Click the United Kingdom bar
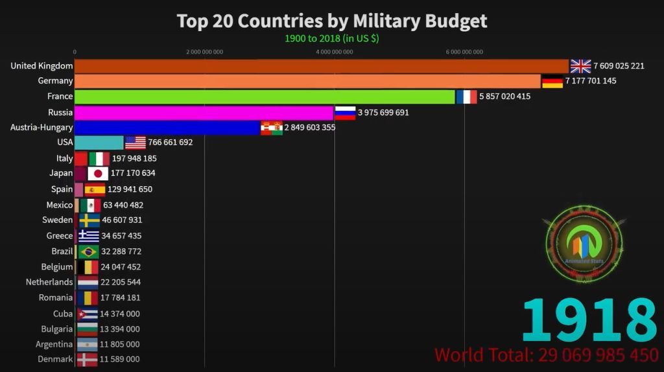[321, 66]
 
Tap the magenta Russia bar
[204, 113]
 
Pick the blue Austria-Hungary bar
[167, 128]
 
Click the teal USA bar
[99, 143]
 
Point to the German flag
[552, 82]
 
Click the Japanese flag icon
[98, 174]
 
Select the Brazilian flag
[88, 251]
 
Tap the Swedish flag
[89, 220]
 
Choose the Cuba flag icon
[88, 314]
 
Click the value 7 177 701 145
[591, 81]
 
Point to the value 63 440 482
[123, 205]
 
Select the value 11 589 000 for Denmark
[119, 360]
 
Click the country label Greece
[60, 236]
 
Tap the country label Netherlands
[49, 283]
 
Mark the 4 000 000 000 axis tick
[335, 52]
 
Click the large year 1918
[589, 320]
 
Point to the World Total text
[547, 355]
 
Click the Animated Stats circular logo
[584, 245]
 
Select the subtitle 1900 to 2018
[331, 38]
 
